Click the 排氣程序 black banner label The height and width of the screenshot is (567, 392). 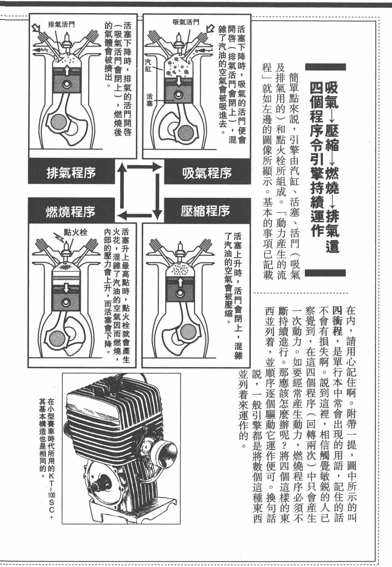pos(71,173)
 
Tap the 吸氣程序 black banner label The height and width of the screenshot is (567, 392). pos(207,173)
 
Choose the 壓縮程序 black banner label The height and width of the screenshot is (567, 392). pos(206,211)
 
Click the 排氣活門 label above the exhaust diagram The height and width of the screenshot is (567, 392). pos(61,24)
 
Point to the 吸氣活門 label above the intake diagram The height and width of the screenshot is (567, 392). pos(186,22)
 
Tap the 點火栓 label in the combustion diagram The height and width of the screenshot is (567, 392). pos(76,232)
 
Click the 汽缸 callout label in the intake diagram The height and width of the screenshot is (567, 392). pos(148,65)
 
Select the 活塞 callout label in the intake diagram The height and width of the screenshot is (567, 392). pos(149,100)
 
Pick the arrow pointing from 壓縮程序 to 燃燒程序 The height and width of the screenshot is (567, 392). pos(138,216)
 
